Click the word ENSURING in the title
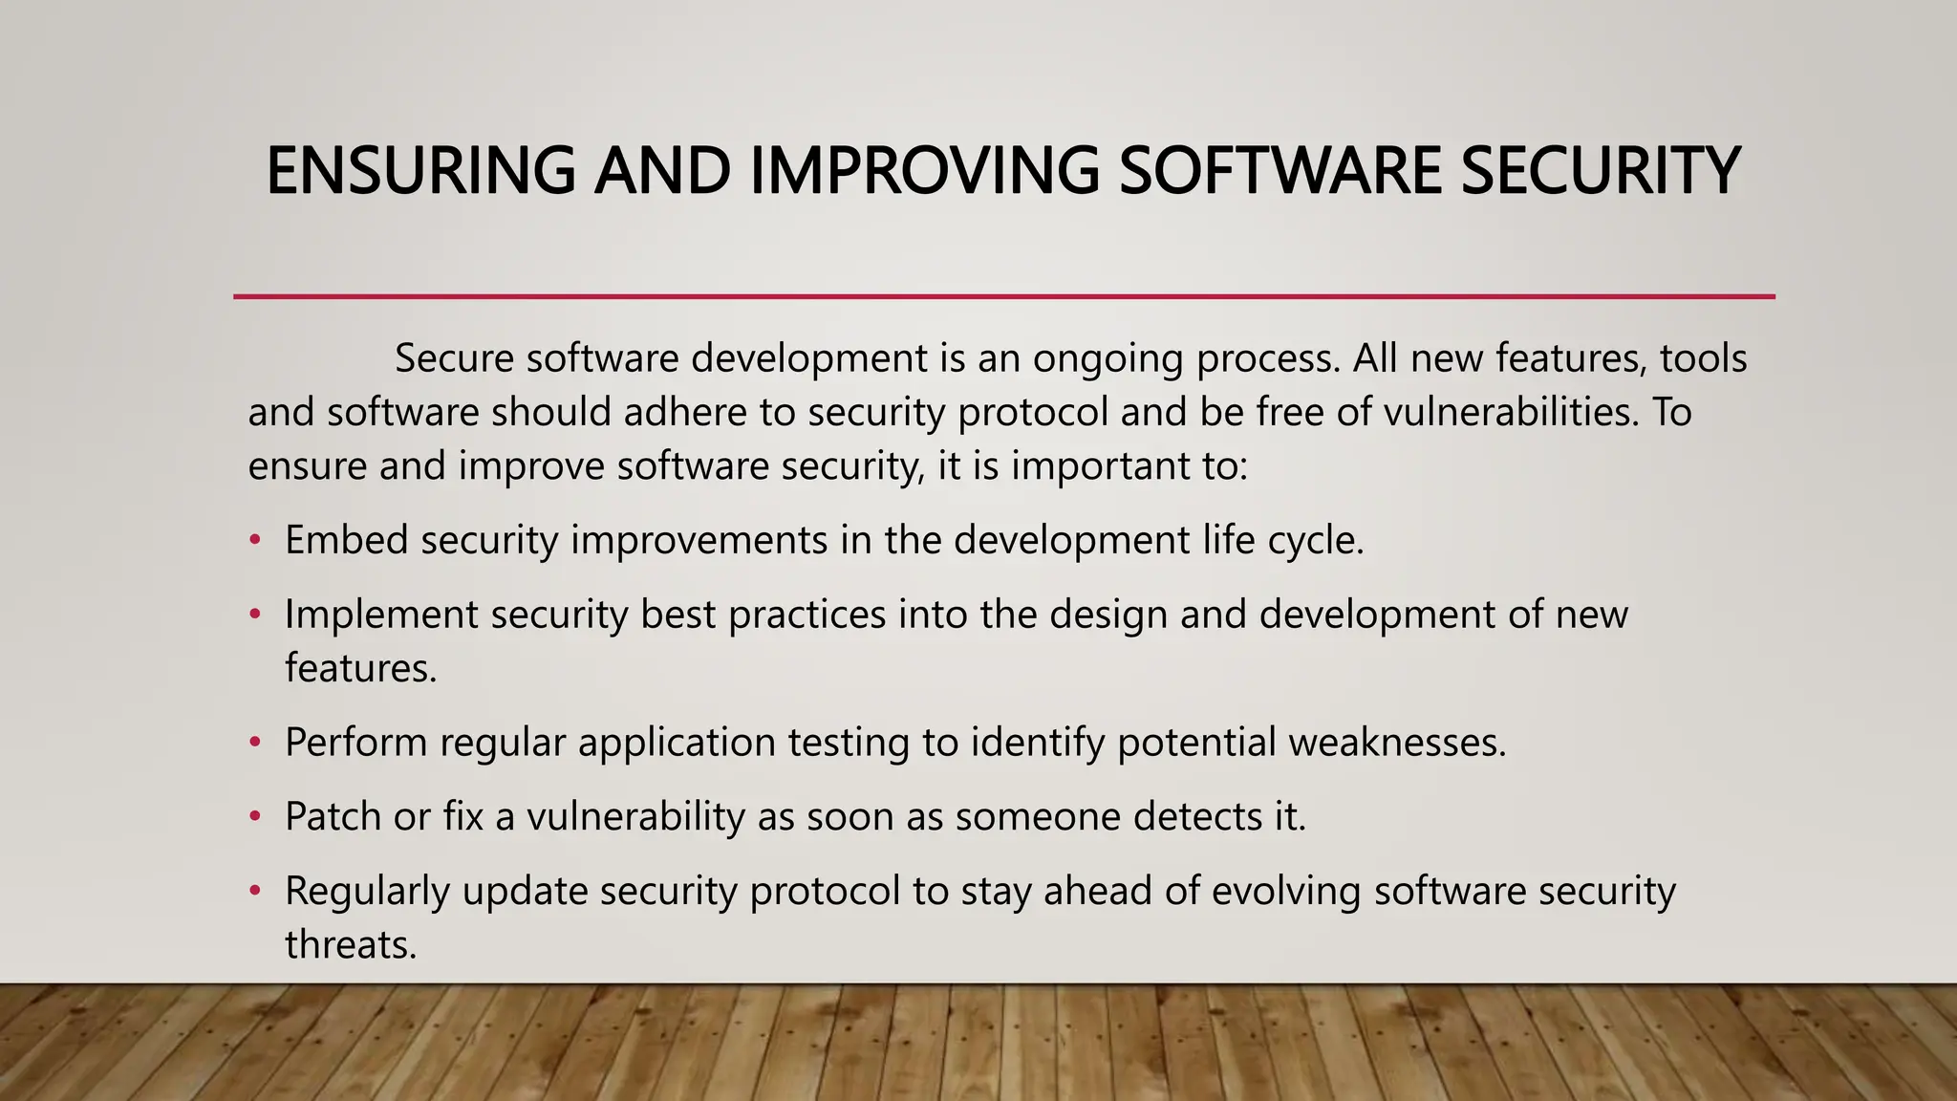(x=420, y=171)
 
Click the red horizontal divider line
(x=1003, y=297)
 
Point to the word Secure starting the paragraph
(x=454, y=358)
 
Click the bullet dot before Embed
(x=255, y=540)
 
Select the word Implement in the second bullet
(x=381, y=614)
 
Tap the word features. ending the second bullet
(x=360, y=667)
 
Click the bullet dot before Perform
(x=255, y=742)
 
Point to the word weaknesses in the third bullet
(x=1396, y=742)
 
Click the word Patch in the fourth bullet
(x=333, y=816)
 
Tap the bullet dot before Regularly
(x=255, y=891)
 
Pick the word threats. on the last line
(x=351, y=944)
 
